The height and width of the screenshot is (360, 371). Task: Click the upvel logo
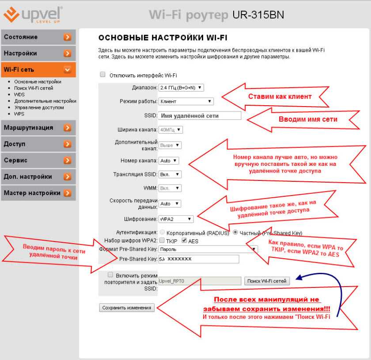(33, 15)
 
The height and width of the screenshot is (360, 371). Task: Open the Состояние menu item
(38, 37)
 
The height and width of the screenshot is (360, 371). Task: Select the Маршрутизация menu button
(38, 128)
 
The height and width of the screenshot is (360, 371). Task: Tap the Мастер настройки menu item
(38, 193)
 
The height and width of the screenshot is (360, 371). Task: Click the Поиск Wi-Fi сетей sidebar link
(34, 88)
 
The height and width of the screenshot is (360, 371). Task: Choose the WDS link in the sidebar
(19, 95)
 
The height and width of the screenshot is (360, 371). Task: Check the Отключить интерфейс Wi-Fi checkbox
(102, 75)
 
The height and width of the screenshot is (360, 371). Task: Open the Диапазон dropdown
(181, 88)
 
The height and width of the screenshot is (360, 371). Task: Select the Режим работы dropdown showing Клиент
(186, 101)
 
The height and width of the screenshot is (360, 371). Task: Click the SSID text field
(200, 116)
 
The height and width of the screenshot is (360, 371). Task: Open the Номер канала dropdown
(169, 161)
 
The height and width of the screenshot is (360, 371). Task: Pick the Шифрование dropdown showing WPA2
(176, 219)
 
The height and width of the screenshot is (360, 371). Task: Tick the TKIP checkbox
(162, 241)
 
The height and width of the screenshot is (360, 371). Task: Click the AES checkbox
(184, 241)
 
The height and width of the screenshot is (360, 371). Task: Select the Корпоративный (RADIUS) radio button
(163, 232)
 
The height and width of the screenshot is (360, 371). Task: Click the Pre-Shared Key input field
(199, 259)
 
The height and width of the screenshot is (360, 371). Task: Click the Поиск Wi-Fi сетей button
(267, 281)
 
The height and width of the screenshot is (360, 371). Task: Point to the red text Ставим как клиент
(280, 96)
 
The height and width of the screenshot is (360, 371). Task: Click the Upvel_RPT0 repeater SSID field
(200, 281)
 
